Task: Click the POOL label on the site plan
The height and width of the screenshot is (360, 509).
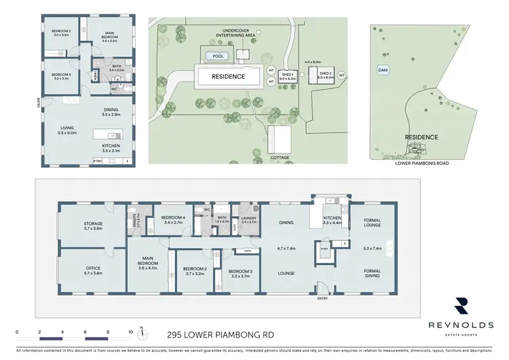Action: coord(217,56)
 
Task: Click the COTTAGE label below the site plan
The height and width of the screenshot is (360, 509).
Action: coord(279,158)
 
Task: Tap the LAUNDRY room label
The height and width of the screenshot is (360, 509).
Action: coord(248,218)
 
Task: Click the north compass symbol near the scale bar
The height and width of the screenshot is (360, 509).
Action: coord(141,333)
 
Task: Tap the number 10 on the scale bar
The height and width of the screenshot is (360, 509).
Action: coord(130,332)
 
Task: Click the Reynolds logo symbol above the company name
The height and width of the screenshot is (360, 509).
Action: coord(461,304)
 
